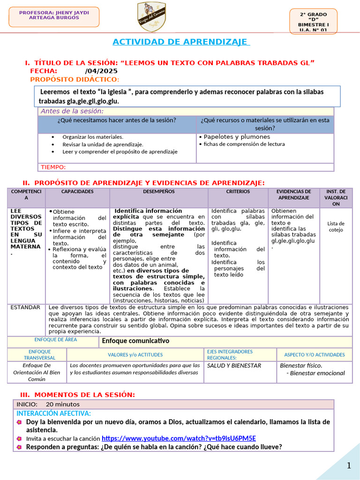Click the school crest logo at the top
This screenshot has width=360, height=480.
(150, 17)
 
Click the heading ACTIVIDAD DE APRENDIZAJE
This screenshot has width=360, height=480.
(181, 42)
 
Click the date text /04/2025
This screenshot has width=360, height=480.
(101, 71)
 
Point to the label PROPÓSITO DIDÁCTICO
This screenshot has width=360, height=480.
(75, 79)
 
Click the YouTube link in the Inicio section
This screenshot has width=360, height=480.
(178, 438)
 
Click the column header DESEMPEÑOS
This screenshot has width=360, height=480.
(158, 192)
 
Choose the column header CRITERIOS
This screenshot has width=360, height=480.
(238, 192)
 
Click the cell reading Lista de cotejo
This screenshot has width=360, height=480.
(336, 227)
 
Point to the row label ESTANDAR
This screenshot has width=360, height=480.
(25, 307)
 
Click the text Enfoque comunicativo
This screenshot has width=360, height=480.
(135, 341)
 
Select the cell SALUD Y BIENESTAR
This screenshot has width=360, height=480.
(234, 366)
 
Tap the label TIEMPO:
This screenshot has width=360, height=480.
(53, 167)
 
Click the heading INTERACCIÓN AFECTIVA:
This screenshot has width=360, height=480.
(53, 413)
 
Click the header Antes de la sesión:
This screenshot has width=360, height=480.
(72, 111)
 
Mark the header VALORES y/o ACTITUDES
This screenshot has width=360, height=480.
(135, 355)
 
